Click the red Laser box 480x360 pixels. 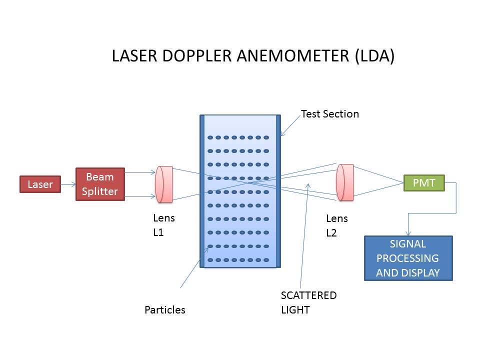click(40, 184)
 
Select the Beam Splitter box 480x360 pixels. click(100, 184)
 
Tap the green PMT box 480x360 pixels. click(424, 183)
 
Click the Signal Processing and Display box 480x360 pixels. click(408, 258)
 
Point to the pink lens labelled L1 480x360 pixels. click(164, 184)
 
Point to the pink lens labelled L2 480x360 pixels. click(344, 182)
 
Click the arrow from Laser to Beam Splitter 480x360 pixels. click(68, 184)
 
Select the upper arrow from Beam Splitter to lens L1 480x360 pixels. click(140, 172)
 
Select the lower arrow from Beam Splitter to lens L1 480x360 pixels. click(140, 196)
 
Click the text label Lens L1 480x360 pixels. click(164, 225)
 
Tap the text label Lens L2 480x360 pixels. click(336, 225)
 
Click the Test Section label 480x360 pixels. click(329, 114)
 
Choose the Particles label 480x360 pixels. click(164, 310)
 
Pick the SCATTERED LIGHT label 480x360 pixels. click(308, 302)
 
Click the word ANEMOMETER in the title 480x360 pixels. click(292, 55)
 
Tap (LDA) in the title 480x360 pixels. click(374, 56)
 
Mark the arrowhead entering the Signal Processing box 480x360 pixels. click(408, 233)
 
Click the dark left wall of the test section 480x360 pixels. click(202, 191)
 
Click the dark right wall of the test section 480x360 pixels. click(278, 191)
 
